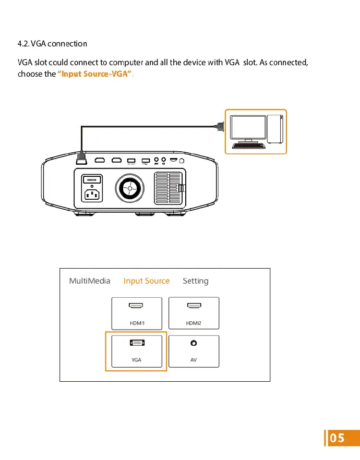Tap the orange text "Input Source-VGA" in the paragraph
(x=94, y=74)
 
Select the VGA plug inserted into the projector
(x=81, y=158)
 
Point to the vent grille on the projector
(x=169, y=188)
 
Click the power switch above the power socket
(x=92, y=178)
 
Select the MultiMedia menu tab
(x=90, y=281)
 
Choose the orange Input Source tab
(x=147, y=281)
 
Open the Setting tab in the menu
(x=196, y=281)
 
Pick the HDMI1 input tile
(x=137, y=313)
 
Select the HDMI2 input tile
(x=194, y=313)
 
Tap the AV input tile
(x=194, y=351)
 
